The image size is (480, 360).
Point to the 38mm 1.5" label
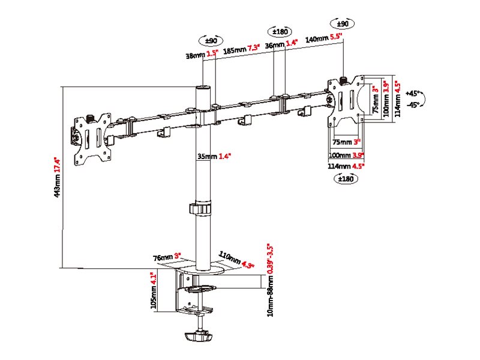pyautogui.click(x=202, y=55)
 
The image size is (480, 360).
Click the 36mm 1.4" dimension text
pyautogui.click(x=281, y=44)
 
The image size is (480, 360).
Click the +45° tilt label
pyautogui.click(x=414, y=94)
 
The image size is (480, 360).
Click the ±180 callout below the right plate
pyautogui.click(x=346, y=179)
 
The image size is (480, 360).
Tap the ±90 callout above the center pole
pyautogui.click(x=211, y=41)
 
